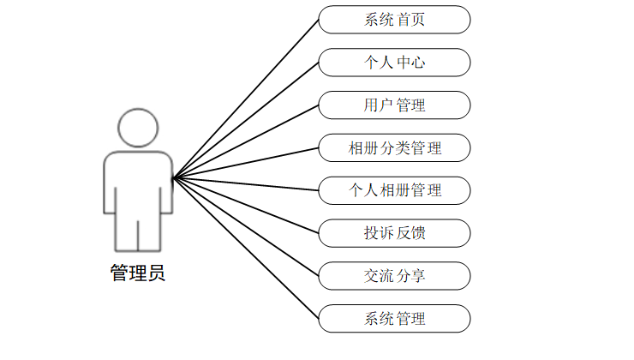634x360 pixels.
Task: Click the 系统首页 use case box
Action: point(394,20)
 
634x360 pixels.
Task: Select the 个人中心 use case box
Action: point(394,63)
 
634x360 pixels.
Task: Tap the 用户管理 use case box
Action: point(394,105)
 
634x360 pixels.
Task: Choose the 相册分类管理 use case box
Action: point(394,148)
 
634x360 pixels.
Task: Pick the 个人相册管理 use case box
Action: point(394,190)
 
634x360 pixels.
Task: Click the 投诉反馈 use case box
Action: point(394,233)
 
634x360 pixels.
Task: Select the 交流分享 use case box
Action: point(394,276)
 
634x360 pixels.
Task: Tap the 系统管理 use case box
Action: point(394,319)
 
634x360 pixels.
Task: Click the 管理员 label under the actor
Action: point(137,273)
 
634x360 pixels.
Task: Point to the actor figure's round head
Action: point(137,129)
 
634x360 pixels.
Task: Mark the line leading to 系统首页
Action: point(245,99)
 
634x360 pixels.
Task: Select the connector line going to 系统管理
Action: point(245,249)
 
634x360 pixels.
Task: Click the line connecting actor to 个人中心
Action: point(245,121)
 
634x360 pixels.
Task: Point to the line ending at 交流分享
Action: point(245,227)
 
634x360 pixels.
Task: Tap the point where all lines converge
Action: point(172,178)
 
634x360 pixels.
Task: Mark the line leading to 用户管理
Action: point(245,142)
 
